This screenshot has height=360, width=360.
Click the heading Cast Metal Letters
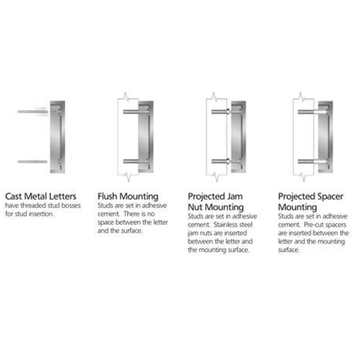tap(40, 197)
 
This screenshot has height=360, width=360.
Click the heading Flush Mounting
tap(128, 197)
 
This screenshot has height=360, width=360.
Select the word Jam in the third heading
tap(234, 197)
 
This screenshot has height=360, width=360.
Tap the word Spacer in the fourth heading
tap(329, 197)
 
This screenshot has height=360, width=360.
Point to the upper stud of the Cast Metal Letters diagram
tap(32, 112)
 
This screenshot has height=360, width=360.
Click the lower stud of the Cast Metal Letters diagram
tap(32, 162)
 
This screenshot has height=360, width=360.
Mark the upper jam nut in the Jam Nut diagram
tap(228, 112)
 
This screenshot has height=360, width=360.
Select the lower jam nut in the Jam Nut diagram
tap(228, 161)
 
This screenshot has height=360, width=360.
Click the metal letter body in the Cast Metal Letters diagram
tap(58, 137)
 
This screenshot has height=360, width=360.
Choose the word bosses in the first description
tap(71, 206)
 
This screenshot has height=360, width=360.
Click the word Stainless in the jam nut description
tap(224, 225)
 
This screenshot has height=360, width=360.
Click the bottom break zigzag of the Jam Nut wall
tap(216, 177)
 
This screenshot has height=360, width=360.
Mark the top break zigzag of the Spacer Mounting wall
tap(301, 96)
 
